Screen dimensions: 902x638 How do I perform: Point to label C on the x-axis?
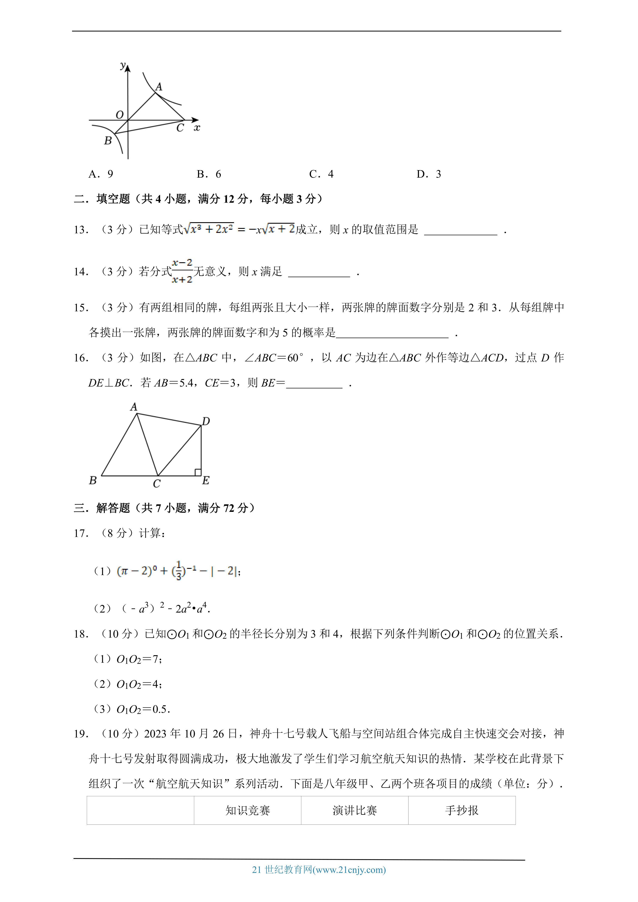[180, 128]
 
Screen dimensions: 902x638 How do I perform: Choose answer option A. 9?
[101, 174]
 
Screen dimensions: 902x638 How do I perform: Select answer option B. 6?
[209, 174]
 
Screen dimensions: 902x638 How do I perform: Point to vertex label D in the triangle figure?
[206, 421]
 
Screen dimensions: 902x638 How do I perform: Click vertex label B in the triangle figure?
[93, 480]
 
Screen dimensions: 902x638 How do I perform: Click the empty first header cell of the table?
[140, 811]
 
